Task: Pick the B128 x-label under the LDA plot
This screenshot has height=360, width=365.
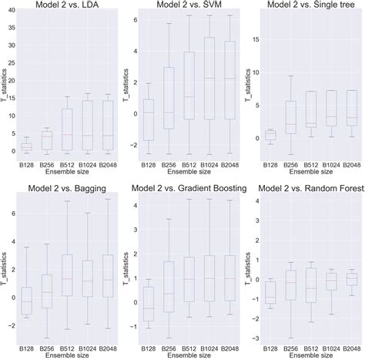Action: click(x=25, y=164)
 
